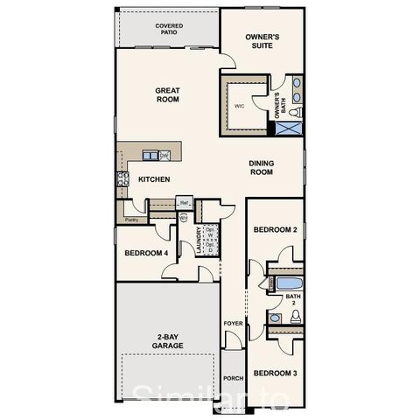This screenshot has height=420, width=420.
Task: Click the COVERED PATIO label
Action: click(168, 29)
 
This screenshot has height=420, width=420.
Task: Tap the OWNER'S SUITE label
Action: click(262, 42)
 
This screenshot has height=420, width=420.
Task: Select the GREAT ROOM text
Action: click(167, 94)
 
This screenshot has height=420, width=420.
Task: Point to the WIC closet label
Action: click(239, 107)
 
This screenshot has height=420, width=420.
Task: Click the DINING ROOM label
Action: click(262, 167)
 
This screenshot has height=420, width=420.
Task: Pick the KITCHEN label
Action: click(154, 179)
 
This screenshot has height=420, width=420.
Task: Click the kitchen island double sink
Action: click(150, 156)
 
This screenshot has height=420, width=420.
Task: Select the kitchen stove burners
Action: click(122, 178)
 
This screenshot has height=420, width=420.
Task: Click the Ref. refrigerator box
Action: click(185, 203)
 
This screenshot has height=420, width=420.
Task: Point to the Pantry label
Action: click(131, 220)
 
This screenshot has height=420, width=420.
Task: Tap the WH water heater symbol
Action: click(184, 219)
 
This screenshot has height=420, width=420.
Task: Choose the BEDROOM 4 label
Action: click(145, 253)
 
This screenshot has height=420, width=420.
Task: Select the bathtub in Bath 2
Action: click(288, 283)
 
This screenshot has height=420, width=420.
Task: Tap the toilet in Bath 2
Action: click(295, 317)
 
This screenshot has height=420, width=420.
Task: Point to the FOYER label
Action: click(233, 324)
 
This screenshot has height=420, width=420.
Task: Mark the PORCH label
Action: click(233, 379)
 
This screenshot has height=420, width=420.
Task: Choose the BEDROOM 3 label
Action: click(276, 373)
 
